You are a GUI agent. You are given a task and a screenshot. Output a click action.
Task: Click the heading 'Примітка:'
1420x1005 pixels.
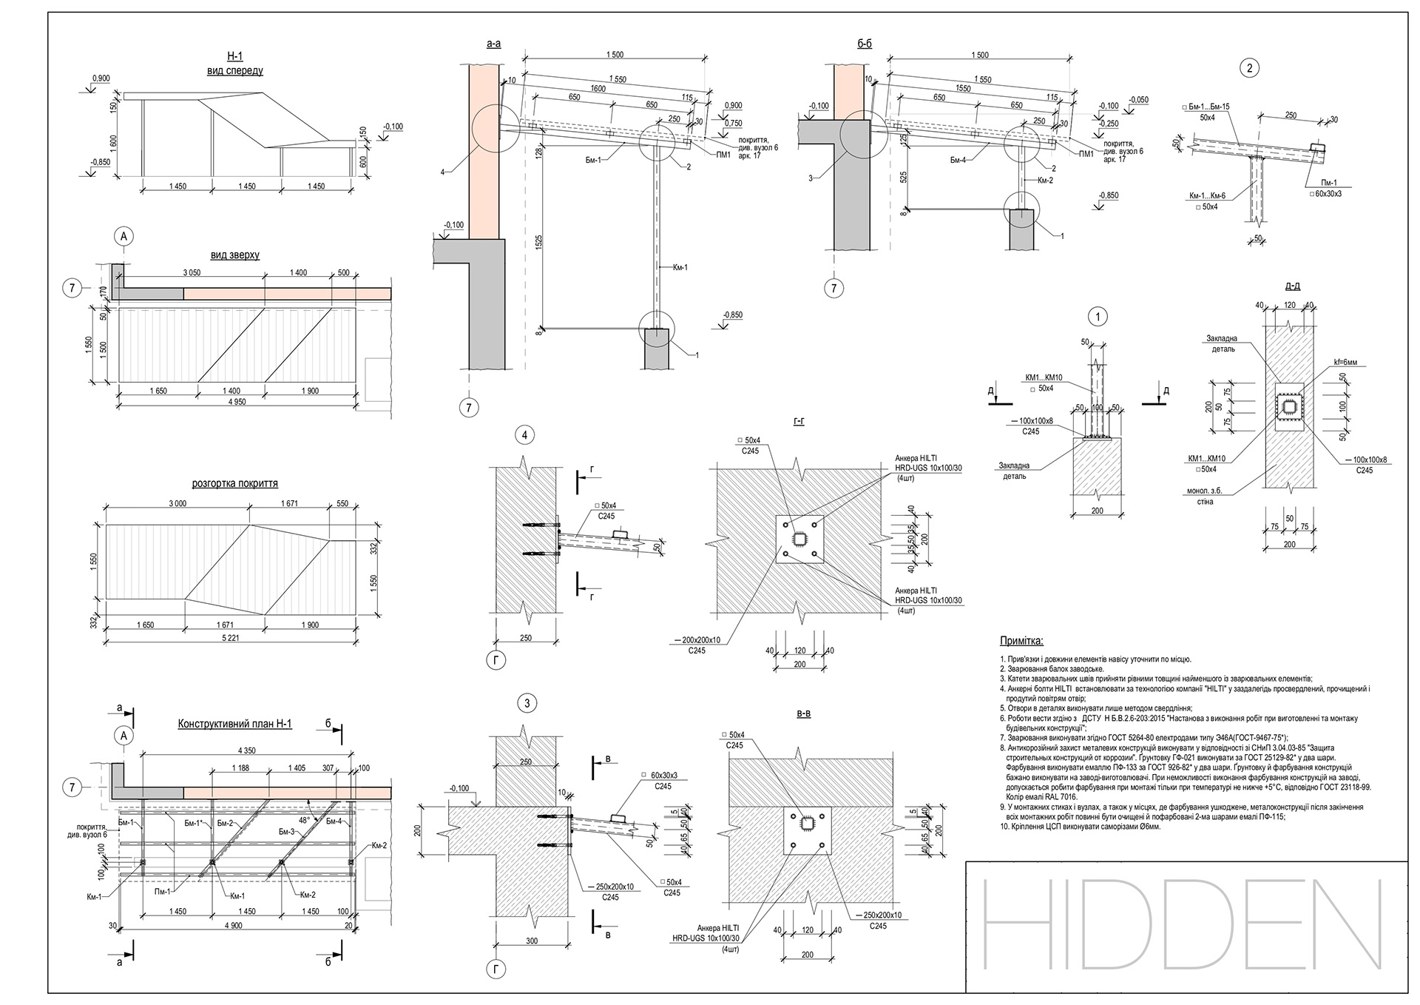coord(1021,641)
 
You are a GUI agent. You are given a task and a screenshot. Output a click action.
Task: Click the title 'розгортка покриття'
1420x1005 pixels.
coord(234,483)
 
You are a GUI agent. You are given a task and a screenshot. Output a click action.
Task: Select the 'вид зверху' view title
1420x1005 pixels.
coord(234,255)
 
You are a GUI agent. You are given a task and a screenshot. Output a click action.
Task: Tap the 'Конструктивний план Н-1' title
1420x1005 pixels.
coord(234,724)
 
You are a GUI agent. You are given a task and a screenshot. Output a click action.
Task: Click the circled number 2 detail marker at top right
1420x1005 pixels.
coord(1249,69)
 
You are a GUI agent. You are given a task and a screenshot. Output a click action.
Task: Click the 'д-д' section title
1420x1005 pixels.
coord(1293,285)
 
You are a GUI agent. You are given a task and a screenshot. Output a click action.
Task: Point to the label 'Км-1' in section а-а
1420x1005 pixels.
coord(680,267)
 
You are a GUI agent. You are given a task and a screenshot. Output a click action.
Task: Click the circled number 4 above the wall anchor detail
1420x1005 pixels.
coord(524,435)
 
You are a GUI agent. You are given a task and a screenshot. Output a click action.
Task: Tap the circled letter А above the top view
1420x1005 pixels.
coord(124,237)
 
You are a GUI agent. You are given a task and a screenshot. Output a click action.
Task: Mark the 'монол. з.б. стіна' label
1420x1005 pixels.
coord(1200,496)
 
